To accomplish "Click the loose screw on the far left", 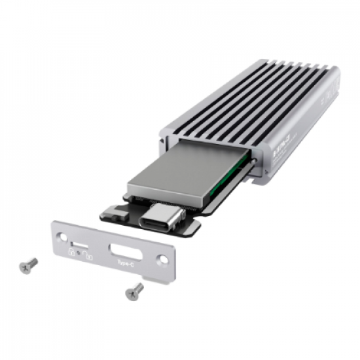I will click(x=29, y=264).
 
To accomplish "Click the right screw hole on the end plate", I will click(x=163, y=260).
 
